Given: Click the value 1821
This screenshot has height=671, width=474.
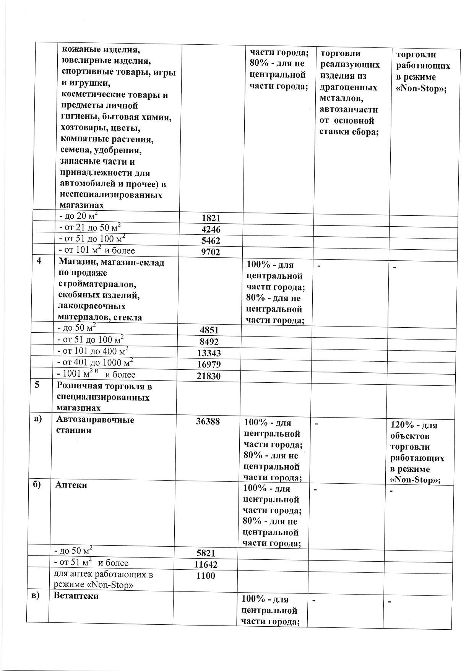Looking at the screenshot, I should click(211, 218).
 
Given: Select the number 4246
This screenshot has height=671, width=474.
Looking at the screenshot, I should click(211, 229).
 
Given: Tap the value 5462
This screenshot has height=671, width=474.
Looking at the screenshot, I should click(211, 240).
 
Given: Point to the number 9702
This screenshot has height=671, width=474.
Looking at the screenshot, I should click(211, 252).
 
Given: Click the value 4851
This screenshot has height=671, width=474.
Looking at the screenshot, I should click(209, 330).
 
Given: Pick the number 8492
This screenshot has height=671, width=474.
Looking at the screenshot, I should click(209, 342).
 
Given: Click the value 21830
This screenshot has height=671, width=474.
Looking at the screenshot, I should click(209, 376).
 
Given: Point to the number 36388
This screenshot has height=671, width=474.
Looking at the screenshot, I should click(208, 421).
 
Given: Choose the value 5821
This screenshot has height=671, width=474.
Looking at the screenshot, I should click(206, 553).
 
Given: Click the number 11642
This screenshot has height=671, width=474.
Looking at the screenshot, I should click(206, 564).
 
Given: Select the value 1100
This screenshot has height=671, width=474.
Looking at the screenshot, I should click(206, 576).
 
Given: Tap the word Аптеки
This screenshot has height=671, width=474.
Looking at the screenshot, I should click(71, 485).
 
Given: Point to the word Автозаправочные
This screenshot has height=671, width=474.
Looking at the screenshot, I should click(95, 419).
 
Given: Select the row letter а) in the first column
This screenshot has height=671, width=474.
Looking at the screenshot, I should click(38, 419).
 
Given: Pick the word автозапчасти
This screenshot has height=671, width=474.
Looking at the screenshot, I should click(349, 110).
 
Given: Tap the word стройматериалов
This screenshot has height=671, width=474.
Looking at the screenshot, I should click(97, 284).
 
